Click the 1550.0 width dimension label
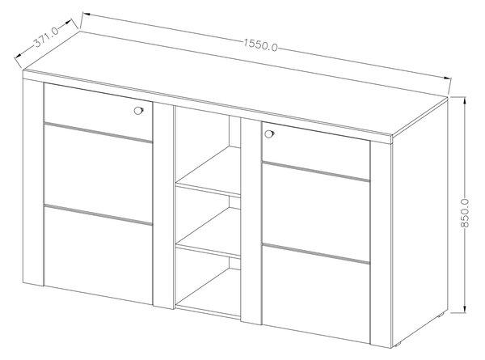click(260, 44)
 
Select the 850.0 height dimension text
click(465, 214)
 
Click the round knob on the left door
click(138, 110)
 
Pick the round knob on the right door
click(269, 134)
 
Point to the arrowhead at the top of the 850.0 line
click(465, 101)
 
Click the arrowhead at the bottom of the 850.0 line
click(465, 308)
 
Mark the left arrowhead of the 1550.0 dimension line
click(86, 14)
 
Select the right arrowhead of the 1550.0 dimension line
click(446, 78)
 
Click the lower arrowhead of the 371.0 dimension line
click(18, 56)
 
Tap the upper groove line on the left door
click(99, 133)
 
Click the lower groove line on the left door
click(99, 214)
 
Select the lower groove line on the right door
click(316, 253)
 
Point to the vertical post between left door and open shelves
click(164, 205)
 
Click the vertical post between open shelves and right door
click(251, 221)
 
